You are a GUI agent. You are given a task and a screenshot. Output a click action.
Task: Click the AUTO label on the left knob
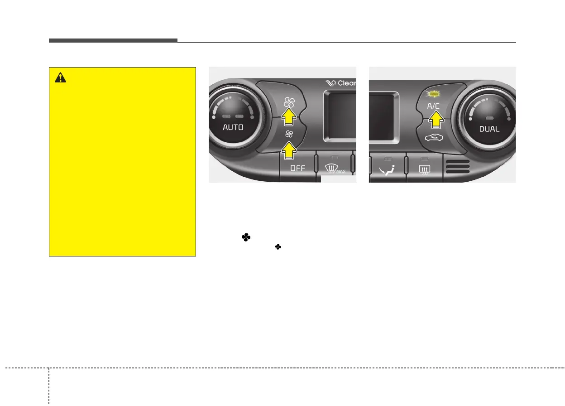(x=233, y=127)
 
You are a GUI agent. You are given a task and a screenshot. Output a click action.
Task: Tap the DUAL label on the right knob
(x=489, y=129)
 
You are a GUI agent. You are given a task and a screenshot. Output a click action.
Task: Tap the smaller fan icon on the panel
(x=289, y=134)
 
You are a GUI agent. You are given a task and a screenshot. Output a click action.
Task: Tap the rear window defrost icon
(x=424, y=171)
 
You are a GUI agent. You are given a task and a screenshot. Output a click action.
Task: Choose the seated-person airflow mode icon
(x=388, y=170)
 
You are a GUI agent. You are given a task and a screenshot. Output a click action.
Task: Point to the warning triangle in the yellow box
(x=60, y=78)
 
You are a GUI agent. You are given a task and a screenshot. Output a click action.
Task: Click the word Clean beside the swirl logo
(x=346, y=83)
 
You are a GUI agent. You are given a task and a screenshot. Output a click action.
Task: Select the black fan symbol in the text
(x=246, y=237)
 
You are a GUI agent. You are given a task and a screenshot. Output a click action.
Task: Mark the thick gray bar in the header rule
(x=113, y=41)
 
